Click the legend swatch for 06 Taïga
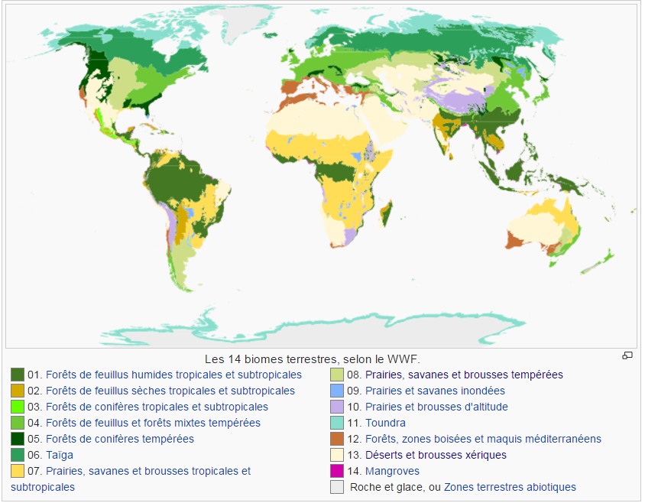[x=18, y=455]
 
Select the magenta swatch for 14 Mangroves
[x=336, y=471]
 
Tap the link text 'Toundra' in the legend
[x=385, y=423]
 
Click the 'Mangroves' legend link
[x=392, y=471]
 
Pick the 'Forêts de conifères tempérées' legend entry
[x=120, y=439]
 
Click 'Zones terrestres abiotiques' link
[x=510, y=487]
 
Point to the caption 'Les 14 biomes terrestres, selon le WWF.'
[x=313, y=359]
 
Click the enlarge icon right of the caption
[x=627, y=355]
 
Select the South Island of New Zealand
[x=592, y=268]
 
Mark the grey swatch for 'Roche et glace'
[x=336, y=487]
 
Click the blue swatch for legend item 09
[x=336, y=391]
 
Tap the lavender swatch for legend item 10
[x=336, y=407]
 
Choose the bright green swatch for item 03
[x=18, y=407]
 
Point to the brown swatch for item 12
[x=336, y=439]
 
